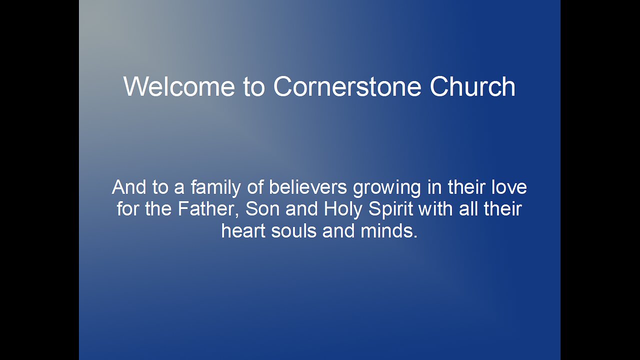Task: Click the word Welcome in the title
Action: [179, 86]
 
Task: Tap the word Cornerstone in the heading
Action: [347, 86]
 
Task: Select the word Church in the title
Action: [472, 86]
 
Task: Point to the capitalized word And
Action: [129, 187]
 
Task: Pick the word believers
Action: [307, 187]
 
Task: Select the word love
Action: [509, 187]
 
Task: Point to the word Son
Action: [262, 209]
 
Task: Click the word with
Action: [435, 209]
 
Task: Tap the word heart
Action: [243, 230]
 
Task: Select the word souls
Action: [293, 230]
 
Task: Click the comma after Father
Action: [236, 215]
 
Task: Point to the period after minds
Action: [415, 236]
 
